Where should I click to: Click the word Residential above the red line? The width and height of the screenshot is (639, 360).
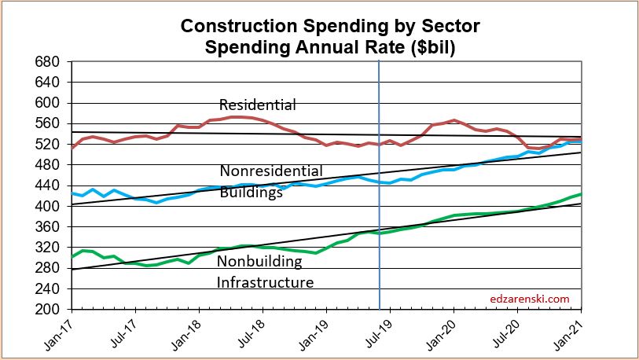(257, 105)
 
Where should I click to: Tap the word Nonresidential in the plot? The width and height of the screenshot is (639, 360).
(270, 171)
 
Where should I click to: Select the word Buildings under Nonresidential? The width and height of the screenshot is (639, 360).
(251, 192)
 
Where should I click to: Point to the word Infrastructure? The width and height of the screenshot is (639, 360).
(265, 282)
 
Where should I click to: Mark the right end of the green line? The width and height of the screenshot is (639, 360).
(581, 193)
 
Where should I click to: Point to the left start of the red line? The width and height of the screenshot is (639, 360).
(72, 148)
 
